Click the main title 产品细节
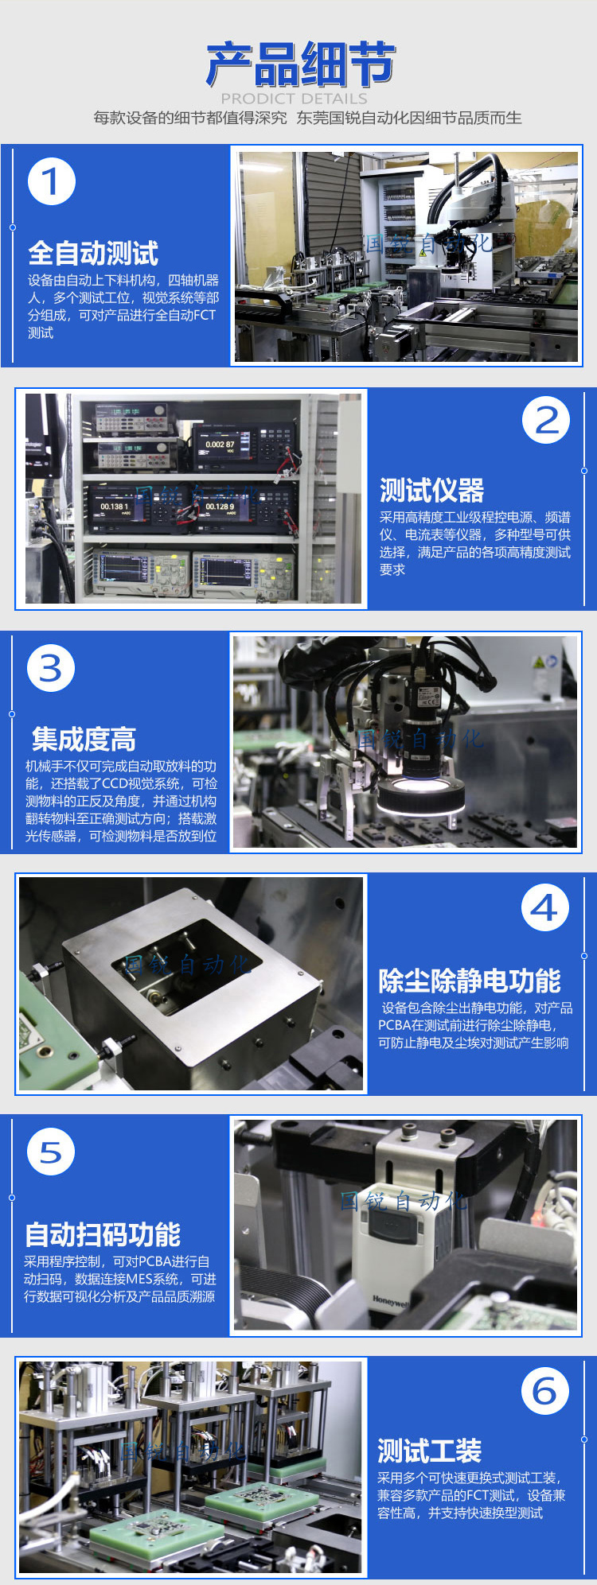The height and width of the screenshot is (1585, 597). coord(300,65)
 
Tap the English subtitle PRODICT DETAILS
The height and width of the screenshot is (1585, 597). coord(295,99)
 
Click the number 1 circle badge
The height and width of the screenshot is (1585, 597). coord(52,181)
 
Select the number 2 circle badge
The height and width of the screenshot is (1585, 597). coord(546,421)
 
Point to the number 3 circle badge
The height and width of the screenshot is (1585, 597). coord(51,668)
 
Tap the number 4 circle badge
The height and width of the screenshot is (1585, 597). coord(545,907)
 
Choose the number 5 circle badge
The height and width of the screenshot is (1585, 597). coord(51,1152)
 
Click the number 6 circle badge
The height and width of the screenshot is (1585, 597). coord(545,1391)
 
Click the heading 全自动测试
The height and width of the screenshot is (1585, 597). coord(93,254)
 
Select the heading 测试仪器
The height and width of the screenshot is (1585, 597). coord(431,491)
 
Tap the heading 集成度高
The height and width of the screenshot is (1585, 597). coord(84,740)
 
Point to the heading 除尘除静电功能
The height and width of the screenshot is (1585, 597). coord(470,981)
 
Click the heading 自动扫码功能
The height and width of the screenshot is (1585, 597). coord(103,1234)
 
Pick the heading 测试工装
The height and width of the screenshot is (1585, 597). coord(429,1451)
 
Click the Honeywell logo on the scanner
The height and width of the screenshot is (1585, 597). coord(390,1302)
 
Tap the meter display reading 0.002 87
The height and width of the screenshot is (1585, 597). coord(220,445)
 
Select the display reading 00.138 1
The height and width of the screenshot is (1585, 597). coord(114,507)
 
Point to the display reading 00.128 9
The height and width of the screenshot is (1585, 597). coord(220,507)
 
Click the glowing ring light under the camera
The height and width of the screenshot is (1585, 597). coord(421,798)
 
